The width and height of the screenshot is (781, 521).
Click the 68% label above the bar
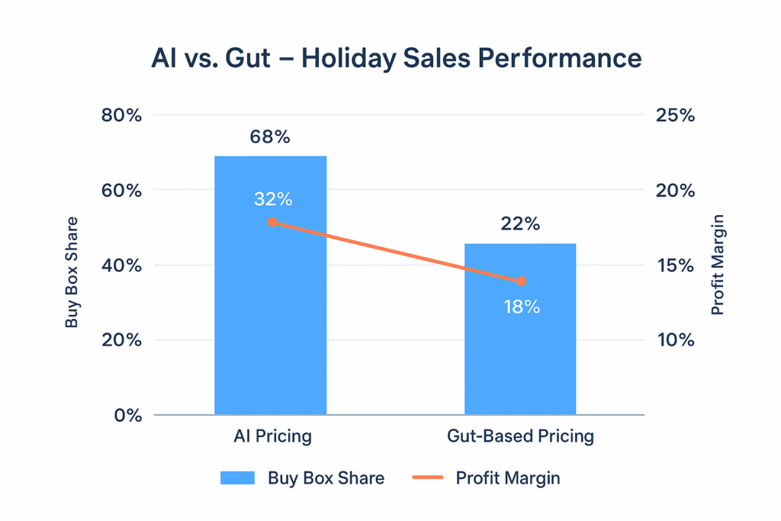pos(270,137)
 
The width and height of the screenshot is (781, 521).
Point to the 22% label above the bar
pos(520,224)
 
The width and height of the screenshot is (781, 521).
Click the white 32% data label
pos(273,199)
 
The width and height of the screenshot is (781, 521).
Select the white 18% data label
pos(522,307)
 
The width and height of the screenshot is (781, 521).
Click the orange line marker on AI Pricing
pos(272,223)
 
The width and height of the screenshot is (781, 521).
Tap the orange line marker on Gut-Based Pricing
pos(522,281)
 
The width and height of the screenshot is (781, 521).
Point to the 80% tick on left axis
pos(121,116)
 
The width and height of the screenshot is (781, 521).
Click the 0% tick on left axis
pos(127,416)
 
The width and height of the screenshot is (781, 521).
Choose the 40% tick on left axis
pos(121,266)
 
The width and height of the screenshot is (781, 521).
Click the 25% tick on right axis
pos(675,116)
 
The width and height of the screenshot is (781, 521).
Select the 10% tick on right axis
pos(675,340)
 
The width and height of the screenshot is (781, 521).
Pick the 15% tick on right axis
pos(675,266)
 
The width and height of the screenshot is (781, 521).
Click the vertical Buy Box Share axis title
pos(72,272)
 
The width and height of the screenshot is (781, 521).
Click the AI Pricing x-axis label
pos(272,437)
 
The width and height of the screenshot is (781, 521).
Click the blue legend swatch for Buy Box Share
pos(237,478)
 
